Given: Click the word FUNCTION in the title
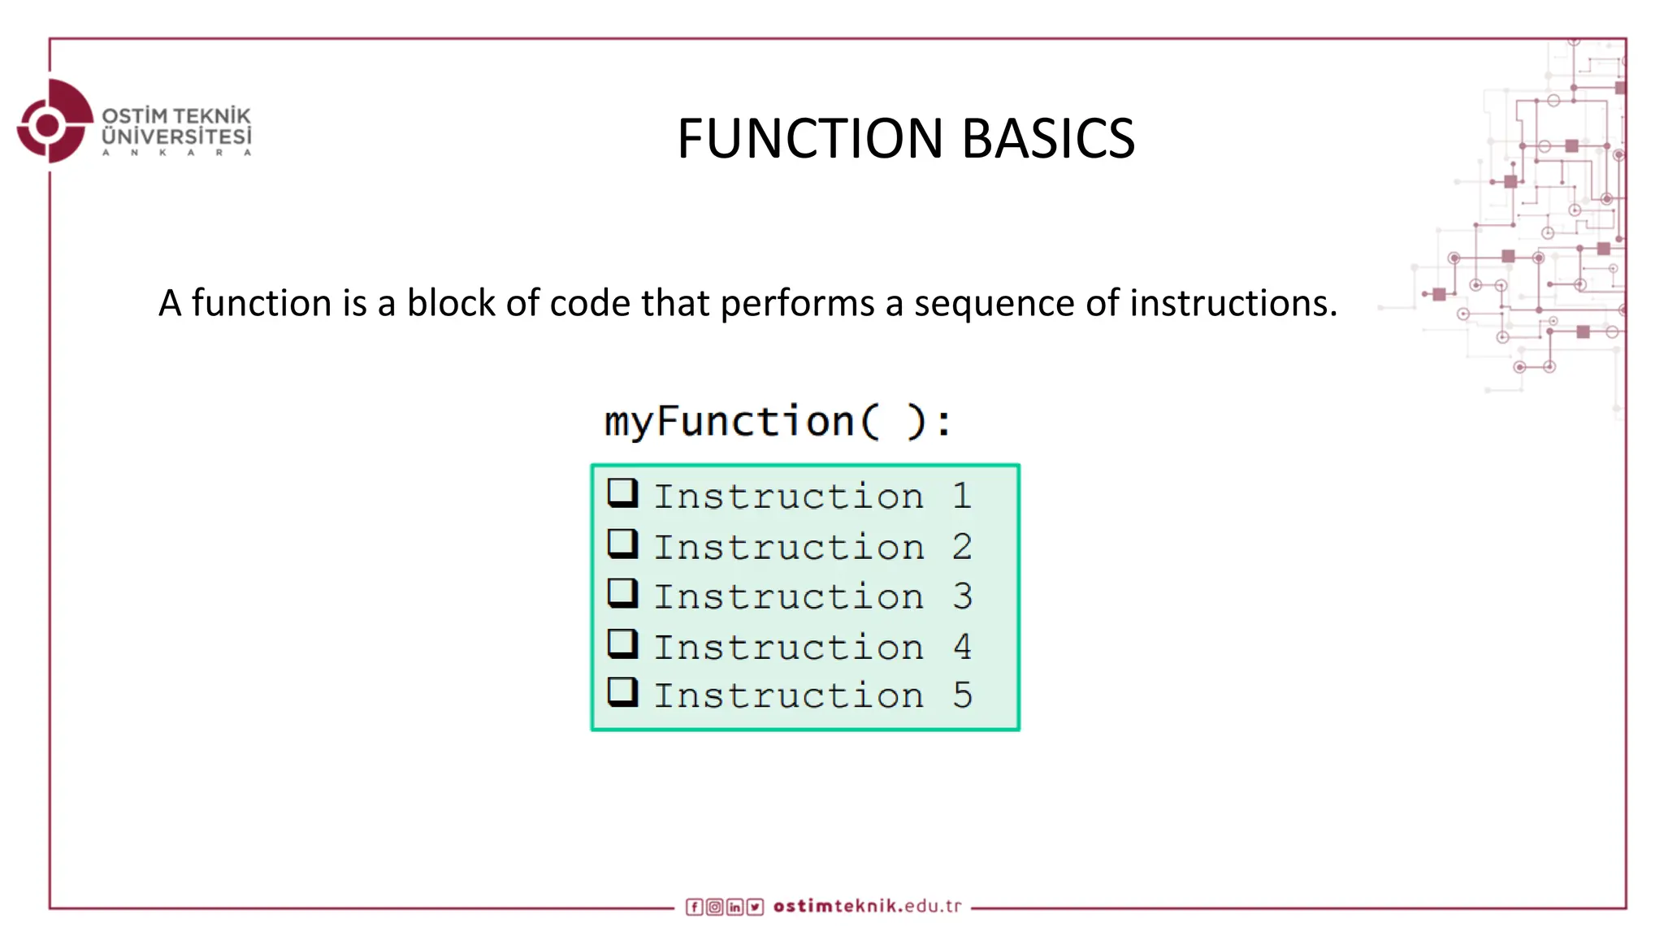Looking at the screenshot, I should pyautogui.click(x=809, y=138).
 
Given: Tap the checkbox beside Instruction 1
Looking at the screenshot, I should pyautogui.click(x=622, y=492).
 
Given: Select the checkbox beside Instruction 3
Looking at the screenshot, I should pyautogui.click(x=622, y=593).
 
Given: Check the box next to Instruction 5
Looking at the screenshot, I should pyautogui.click(x=622, y=692).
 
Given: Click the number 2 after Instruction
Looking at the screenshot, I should pyautogui.click(x=962, y=547).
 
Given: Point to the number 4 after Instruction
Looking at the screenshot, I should pyautogui.click(x=962, y=647).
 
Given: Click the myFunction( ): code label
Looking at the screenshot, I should pyautogui.click(x=778, y=422).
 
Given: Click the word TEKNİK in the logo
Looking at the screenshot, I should pyautogui.click(x=212, y=116).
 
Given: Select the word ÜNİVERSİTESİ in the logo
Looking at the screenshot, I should pyautogui.click(x=176, y=136).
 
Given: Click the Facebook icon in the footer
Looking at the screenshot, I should pyautogui.click(x=694, y=907).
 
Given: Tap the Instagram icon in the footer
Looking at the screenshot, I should pyautogui.click(x=714, y=907).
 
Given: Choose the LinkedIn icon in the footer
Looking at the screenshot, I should pyautogui.click(x=734, y=907).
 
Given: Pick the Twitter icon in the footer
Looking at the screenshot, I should pyautogui.click(x=756, y=907).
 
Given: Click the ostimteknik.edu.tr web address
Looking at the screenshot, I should pyautogui.click(x=867, y=906).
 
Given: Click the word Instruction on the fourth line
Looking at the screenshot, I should pyautogui.click(x=788, y=648).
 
